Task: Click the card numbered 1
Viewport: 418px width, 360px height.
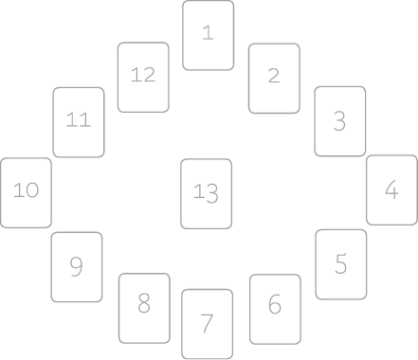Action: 209,35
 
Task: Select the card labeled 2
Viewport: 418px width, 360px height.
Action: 274,79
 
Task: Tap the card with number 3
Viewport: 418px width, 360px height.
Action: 340,121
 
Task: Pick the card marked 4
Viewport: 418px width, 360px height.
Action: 391,189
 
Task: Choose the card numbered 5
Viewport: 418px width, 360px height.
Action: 341,264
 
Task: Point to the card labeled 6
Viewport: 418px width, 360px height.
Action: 275,309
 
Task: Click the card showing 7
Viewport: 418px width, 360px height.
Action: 208,324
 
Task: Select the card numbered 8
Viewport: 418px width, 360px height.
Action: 144,308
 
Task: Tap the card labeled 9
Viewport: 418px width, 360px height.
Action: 77,267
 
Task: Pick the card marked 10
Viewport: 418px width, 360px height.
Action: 26,192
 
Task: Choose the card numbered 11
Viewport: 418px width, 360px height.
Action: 79,122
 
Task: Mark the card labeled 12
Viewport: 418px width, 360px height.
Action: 143,78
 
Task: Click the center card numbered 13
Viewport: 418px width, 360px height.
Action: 206,193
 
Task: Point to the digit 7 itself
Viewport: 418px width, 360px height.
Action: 207,323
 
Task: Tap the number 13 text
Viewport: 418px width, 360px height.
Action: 206,193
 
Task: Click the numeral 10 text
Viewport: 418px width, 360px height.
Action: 27,190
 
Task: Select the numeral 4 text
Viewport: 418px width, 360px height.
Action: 391,189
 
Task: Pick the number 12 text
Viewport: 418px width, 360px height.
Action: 143,75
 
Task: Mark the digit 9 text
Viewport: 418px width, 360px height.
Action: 77,266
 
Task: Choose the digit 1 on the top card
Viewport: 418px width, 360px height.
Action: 209,33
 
